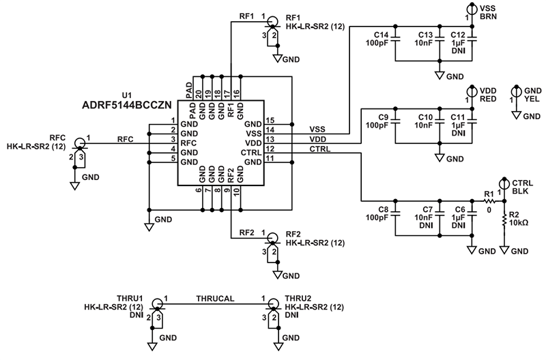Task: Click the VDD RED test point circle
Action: pyautogui.click(x=470, y=91)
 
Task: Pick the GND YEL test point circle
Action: pyautogui.click(x=517, y=91)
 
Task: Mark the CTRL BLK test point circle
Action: pyautogui.click(x=504, y=183)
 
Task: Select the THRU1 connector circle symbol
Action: pyautogui.click(x=157, y=303)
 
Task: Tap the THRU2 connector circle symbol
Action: pyautogui.click(x=272, y=303)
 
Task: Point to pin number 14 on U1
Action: pyautogui.click(x=270, y=130)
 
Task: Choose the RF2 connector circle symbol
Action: pyautogui.click(x=272, y=238)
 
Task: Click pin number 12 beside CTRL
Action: pyautogui.click(x=270, y=149)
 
